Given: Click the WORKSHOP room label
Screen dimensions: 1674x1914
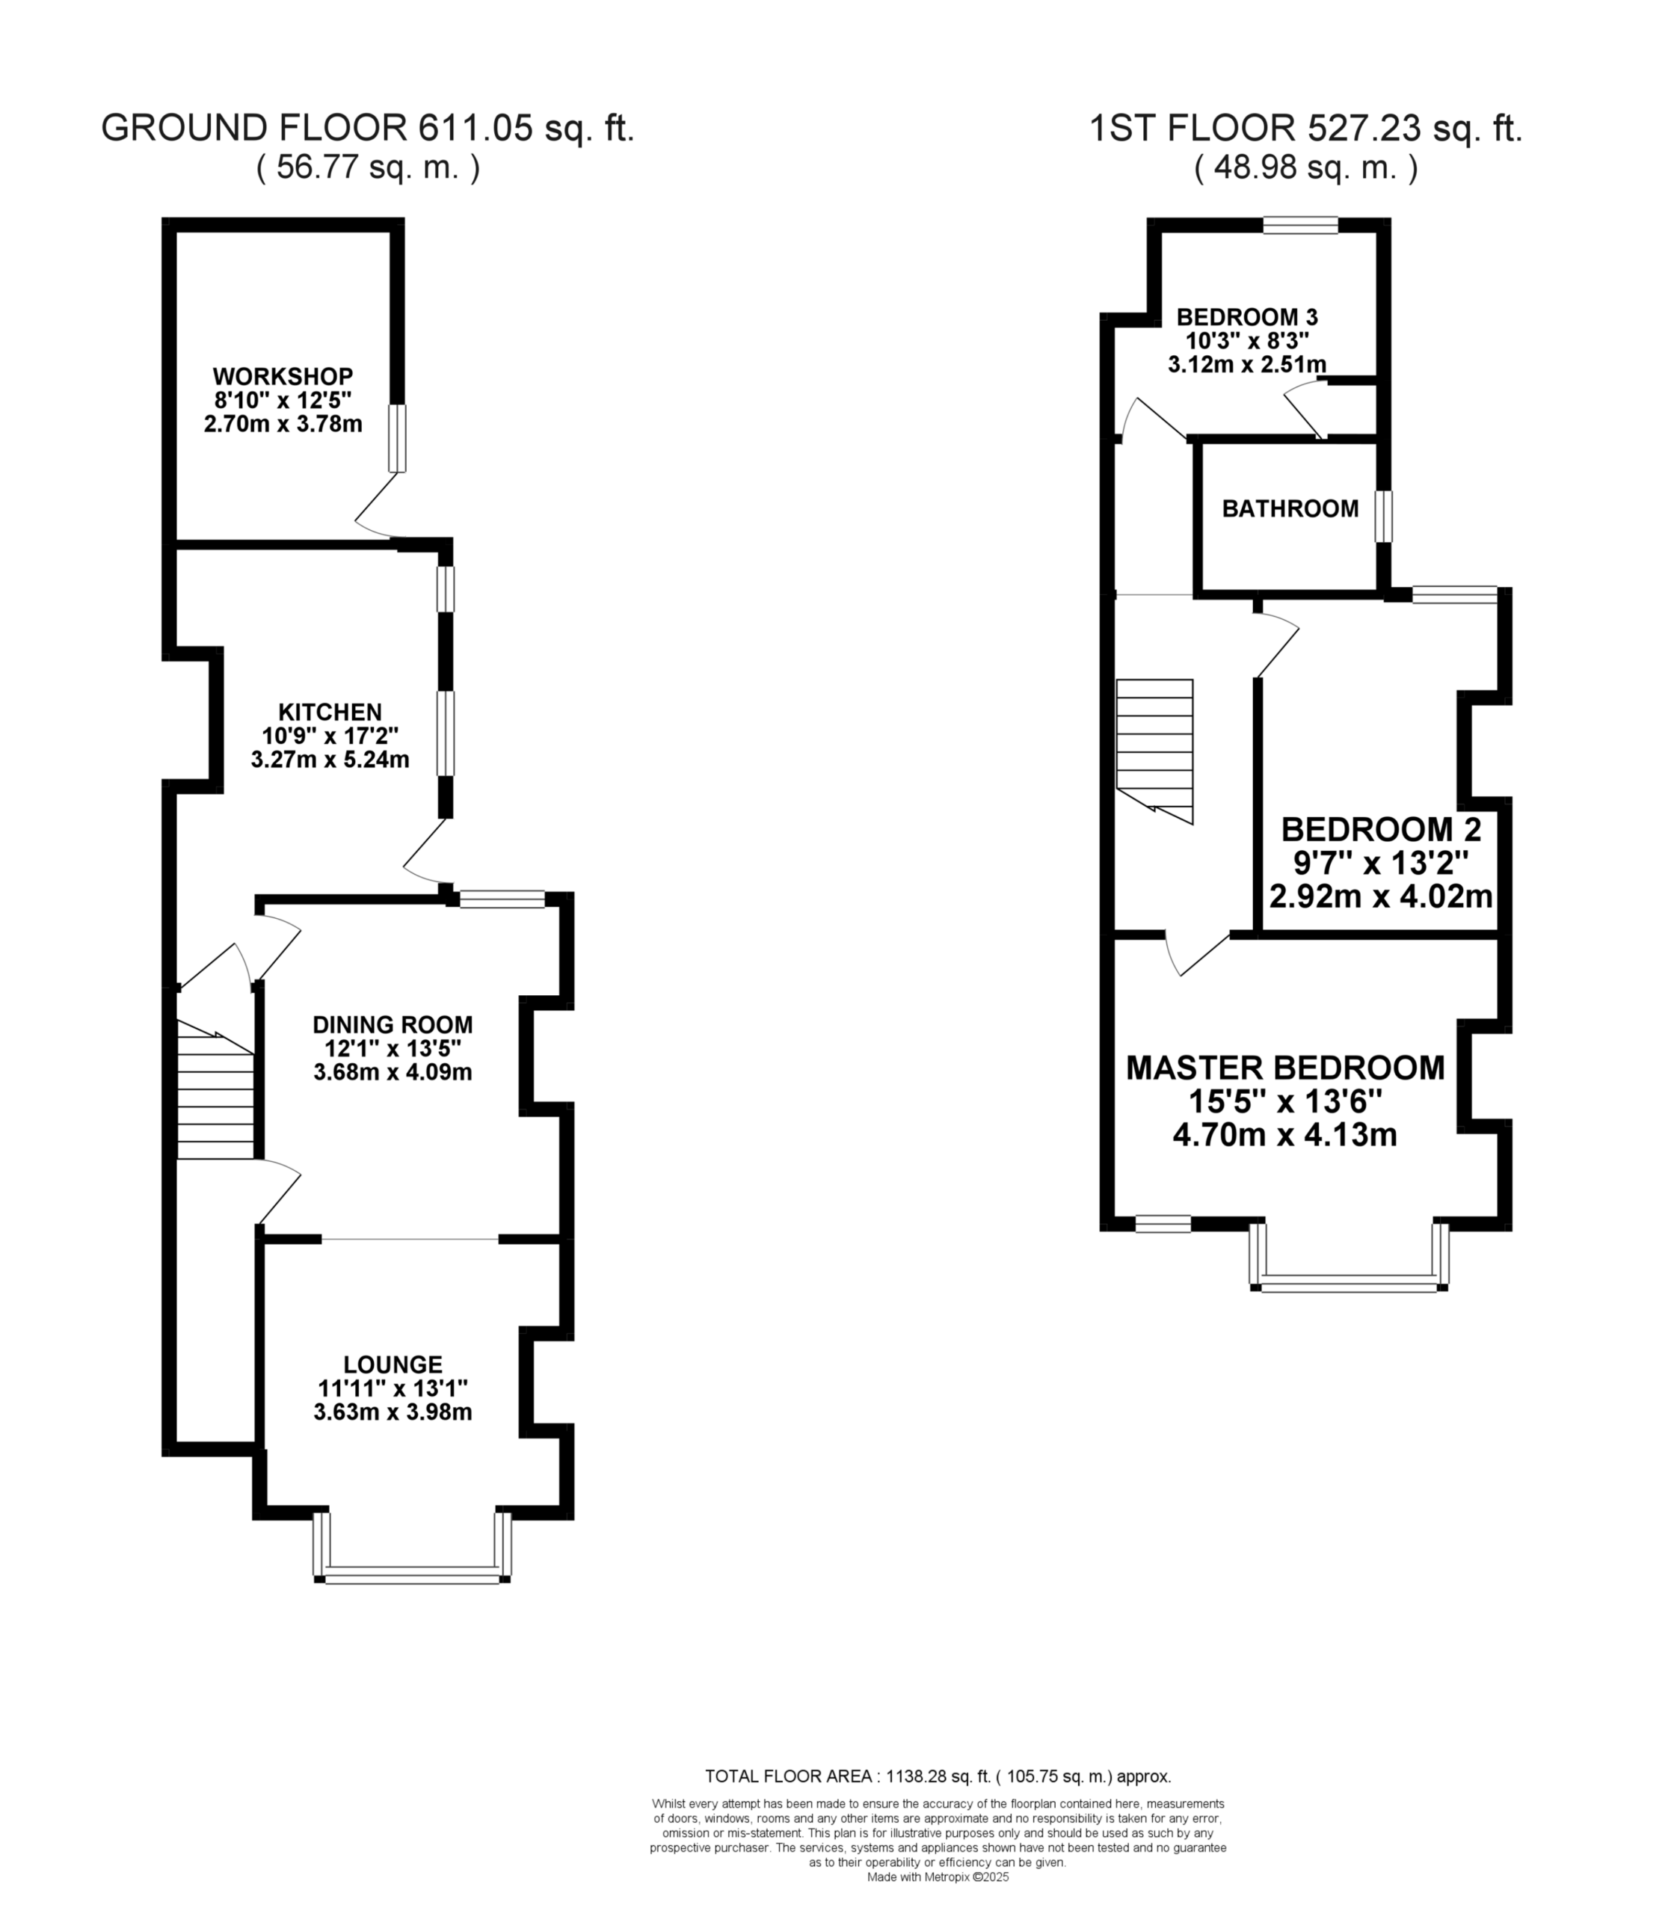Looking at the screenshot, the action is pos(283,377).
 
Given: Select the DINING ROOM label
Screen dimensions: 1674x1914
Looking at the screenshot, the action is pos(393,1025).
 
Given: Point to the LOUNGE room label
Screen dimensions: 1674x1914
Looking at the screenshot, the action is pos(393,1364).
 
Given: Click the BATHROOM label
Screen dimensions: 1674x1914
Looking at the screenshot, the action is pos(1290,509).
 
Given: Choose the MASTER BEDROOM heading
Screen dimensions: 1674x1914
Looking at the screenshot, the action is pos(1285,1068).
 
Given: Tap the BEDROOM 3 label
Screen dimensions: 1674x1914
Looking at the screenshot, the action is pos(1247,317).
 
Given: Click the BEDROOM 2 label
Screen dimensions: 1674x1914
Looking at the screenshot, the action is pos(1381,829).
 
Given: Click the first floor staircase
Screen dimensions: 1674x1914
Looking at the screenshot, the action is pos(1154,752).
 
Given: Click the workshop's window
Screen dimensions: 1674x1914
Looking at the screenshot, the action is pos(398,438).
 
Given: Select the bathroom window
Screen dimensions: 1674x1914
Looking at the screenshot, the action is pos(1383,517).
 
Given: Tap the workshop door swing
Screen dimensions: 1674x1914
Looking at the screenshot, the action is pos(378,505).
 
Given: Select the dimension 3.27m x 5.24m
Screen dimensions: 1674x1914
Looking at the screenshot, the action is pos(330,760).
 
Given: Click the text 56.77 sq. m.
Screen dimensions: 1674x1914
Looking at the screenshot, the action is pos(368,168).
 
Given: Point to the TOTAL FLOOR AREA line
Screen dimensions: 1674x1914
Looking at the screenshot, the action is pos(938,1776).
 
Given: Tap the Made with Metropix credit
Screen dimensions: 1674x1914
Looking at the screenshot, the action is pos(938,1877).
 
